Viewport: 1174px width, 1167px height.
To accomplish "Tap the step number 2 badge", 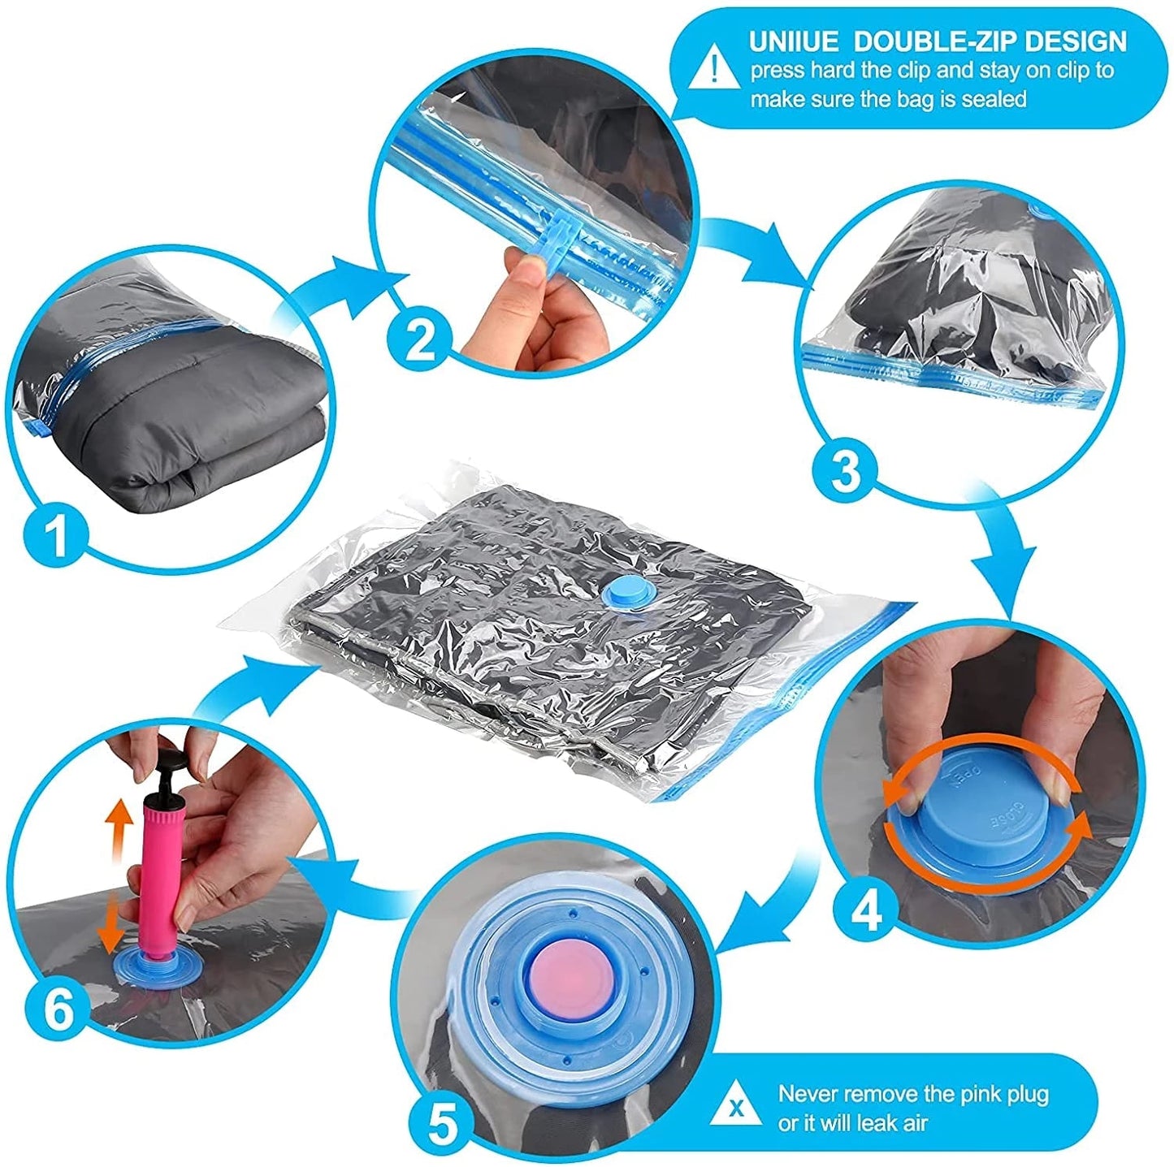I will (419, 339).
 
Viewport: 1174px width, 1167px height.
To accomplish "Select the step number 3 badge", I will (845, 469).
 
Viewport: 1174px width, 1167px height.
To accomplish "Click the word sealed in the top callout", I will (994, 99).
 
